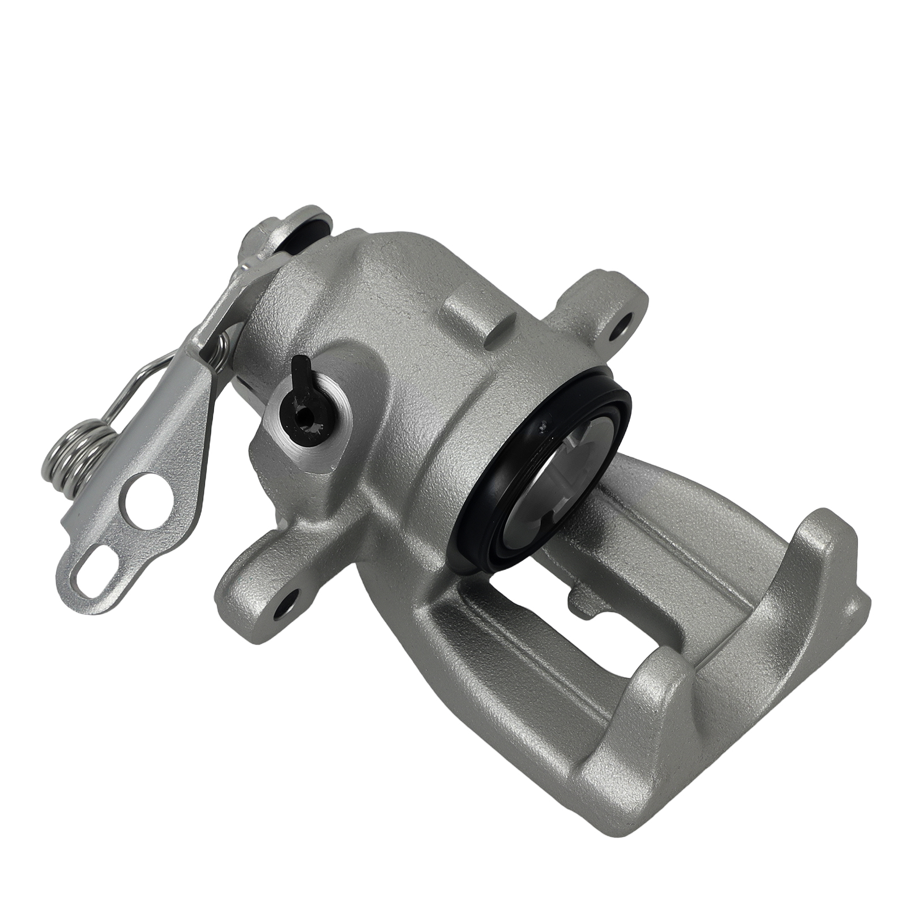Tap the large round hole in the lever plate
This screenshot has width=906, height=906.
(151, 496)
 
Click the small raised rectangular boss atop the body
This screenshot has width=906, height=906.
(470, 317)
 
